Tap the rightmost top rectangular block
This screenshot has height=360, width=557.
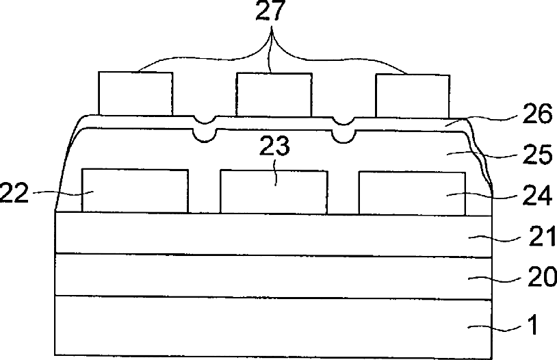coord(413,94)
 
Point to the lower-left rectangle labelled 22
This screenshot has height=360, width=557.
coord(135,190)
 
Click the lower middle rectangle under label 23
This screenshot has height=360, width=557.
coord(273,193)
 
